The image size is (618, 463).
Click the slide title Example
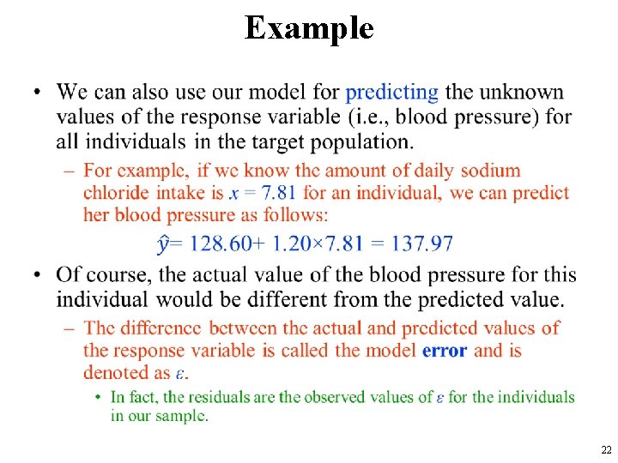(x=309, y=27)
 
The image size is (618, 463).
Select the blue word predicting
(x=391, y=93)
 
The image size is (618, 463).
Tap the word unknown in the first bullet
(x=522, y=93)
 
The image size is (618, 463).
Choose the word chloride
(x=116, y=193)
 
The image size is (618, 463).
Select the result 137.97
(x=421, y=244)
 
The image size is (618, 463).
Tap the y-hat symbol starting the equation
(x=164, y=244)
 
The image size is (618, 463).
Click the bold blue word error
(x=445, y=350)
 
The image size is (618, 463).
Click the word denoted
(x=116, y=372)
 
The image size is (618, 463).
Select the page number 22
(x=606, y=450)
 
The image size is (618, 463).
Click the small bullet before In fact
(x=100, y=397)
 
